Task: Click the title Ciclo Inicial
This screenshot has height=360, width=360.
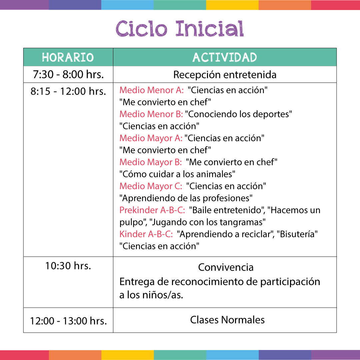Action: coord(180,29)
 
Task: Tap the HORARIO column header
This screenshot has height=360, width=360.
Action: coord(68,57)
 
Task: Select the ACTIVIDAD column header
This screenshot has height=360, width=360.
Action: coord(225,57)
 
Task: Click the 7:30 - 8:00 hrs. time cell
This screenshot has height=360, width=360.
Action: coord(68,75)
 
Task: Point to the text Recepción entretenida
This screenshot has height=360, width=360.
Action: coord(225,75)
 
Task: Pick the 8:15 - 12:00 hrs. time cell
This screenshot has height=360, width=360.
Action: coord(68,91)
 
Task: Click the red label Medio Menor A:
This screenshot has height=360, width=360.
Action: coord(151,90)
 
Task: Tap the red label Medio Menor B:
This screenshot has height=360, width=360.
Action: coord(151,114)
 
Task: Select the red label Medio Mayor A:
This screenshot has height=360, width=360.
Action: coord(151,138)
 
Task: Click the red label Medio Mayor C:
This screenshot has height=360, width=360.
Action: coord(151,186)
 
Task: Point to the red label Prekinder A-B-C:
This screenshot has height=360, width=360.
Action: coord(152,210)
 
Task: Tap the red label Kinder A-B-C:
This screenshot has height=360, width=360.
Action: coord(146,234)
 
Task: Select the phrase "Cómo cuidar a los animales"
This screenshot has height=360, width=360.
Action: coord(177,174)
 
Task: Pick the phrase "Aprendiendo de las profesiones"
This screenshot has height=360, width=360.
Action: coord(186,198)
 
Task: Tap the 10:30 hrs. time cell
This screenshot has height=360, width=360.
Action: coord(68,266)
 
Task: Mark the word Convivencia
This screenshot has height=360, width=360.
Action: coord(226,267)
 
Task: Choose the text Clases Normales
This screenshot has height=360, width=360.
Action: coord(227,320)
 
